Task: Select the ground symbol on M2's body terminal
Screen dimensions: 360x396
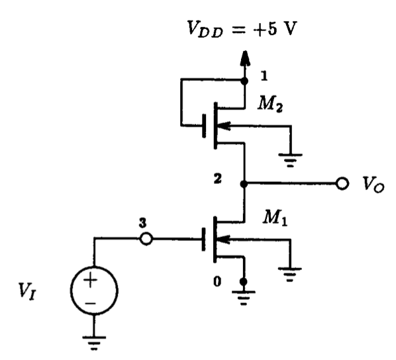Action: tap(290, 157)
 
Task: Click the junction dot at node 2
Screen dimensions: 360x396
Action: tap(245, 183)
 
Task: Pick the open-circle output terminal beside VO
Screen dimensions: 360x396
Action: tap(342, 183)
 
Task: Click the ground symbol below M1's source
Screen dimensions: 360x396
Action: tap(245, 294)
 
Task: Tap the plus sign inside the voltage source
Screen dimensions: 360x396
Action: tap(93, 281)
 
